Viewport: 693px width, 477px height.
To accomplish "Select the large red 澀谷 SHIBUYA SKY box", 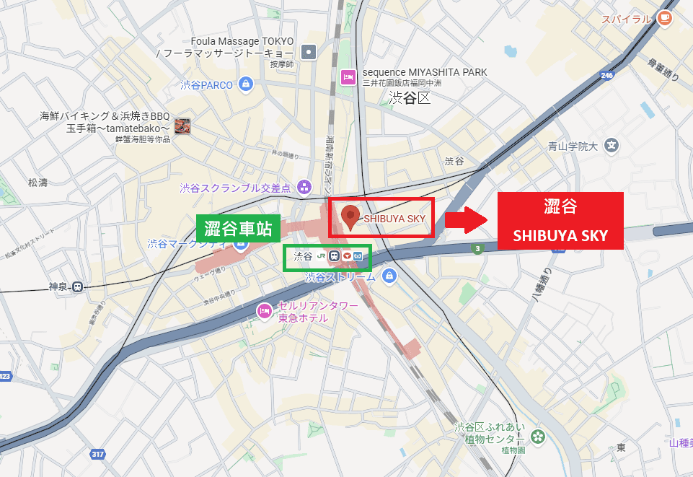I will click(561, 221).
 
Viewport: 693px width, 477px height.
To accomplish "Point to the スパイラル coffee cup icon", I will click(664, 19).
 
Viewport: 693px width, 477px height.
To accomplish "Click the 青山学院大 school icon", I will click(612, 146).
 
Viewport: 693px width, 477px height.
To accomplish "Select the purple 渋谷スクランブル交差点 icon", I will click(304, 188).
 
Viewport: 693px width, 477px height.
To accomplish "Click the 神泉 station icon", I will click(77, 286).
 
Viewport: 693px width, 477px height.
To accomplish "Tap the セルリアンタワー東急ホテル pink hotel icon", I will click(264, 312).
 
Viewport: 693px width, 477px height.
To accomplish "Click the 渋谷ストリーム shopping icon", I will click(389, 276).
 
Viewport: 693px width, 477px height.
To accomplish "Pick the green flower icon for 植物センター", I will click(537, 437).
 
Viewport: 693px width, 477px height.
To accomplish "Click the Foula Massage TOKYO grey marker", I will click(309, 51).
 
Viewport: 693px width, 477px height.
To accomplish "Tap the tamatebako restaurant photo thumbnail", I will click(182, 124).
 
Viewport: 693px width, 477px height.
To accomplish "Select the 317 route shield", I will click(97, 454).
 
